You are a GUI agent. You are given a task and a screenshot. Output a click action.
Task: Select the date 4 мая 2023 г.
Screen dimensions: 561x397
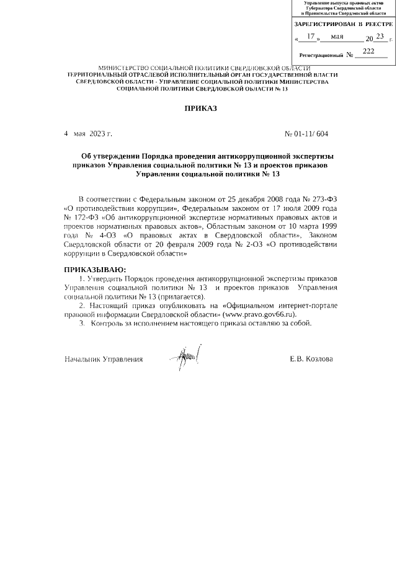(88, 133)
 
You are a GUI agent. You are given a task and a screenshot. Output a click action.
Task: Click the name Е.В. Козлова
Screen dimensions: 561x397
(311, 359)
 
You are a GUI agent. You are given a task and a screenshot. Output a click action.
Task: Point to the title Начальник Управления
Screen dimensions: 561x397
(104, 359)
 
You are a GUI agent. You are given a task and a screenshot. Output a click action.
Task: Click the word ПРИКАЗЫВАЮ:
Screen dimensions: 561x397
(95, 270)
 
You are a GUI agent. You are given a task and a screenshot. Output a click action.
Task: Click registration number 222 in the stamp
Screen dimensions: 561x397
(368, 51)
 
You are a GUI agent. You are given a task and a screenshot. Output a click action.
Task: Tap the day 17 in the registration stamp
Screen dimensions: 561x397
(311, 37)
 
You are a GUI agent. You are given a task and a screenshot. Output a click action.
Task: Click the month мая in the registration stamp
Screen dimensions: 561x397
(337, 37)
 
